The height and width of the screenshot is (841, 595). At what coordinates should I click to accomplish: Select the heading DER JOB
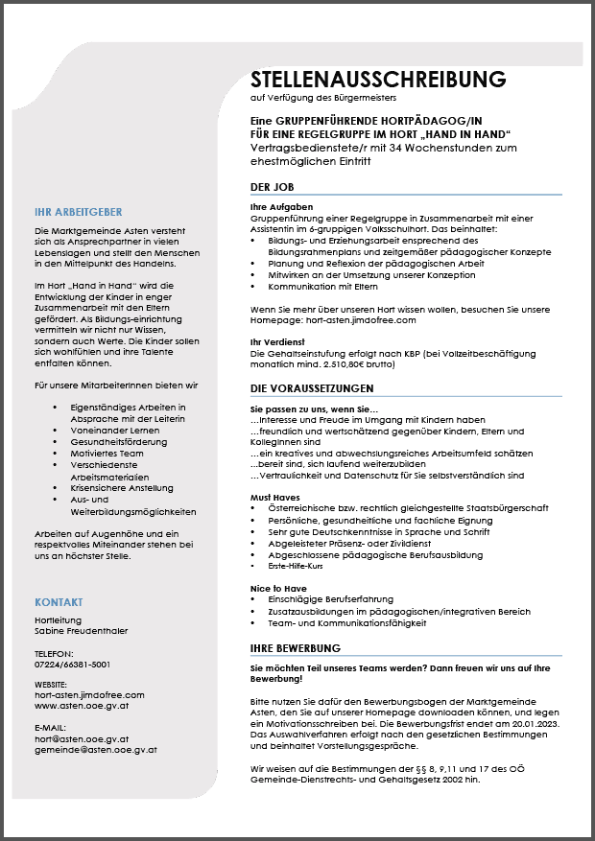pyautogui.click(x=272, y=187)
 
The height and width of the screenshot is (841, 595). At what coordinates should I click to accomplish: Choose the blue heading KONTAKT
pyautogui.click(x=59, y=602)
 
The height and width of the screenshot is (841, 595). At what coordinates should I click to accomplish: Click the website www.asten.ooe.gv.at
pyautogui.click(x=82, y=705)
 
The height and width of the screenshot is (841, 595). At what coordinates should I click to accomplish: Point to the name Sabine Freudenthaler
pyautogui.click(x=81, y=631)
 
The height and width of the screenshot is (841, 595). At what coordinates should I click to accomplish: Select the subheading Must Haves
pyautogui.click(x=274, y=498)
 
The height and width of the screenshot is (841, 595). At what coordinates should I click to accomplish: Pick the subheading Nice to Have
pyautogui.click(x=277, y=587)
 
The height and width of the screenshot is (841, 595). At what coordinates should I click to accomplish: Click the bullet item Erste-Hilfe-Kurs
pyautogui.click(x=294, y=566)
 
